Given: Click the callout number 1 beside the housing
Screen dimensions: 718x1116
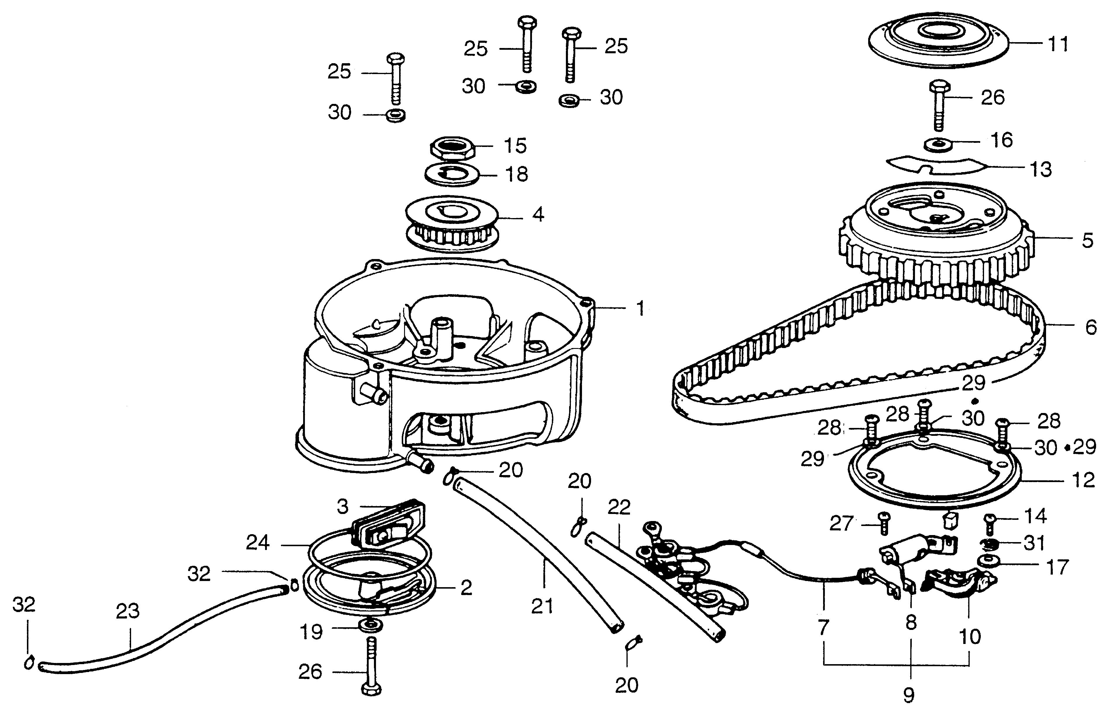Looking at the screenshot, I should (x=641, y=308).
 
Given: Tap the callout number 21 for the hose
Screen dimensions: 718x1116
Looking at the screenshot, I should (x=542, y=606).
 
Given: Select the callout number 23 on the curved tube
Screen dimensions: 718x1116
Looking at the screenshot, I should (x=128, y=611).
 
